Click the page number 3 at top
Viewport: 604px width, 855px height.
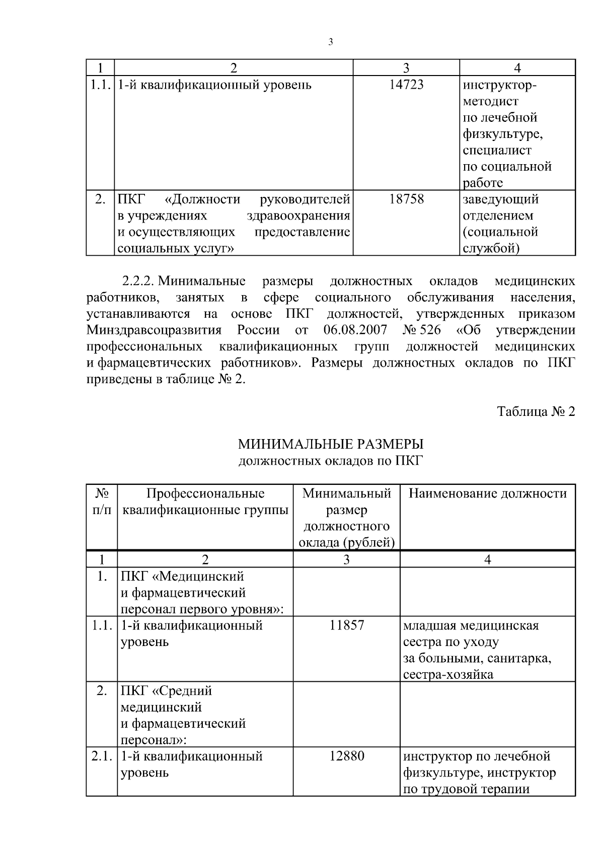(330, 43)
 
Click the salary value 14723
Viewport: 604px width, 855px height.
(406, 85)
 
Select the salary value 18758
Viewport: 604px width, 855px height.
(406, 199)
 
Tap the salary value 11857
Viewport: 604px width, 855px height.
(347, 625)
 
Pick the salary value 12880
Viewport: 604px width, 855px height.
(347, 756)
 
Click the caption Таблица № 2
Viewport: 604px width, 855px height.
(536, 411)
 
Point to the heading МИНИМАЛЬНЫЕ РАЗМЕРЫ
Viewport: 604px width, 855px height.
(330, 444)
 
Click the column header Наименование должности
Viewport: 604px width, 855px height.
(487, 493)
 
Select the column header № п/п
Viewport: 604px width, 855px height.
(102, 502)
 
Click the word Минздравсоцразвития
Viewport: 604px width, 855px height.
(154, 330)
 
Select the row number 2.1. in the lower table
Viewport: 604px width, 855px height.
(102, 756)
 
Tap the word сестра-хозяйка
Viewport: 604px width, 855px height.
(448, 674)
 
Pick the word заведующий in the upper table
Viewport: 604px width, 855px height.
(500, 199)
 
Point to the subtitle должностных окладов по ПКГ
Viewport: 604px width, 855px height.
(330, 461)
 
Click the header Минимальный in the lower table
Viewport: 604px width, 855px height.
(347, 493)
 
